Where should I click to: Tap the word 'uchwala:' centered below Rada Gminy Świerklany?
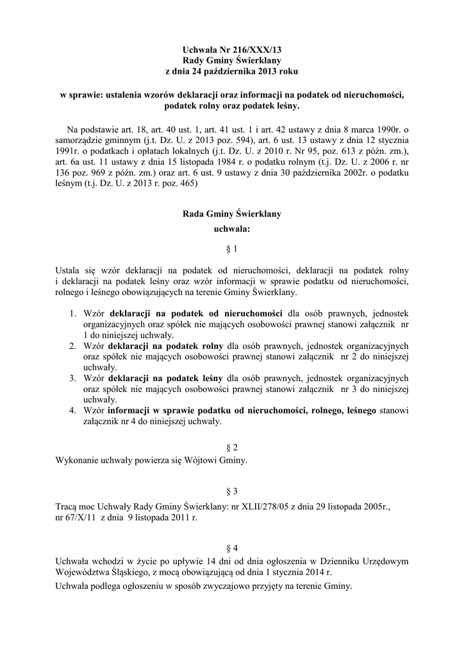[x=231, y=228]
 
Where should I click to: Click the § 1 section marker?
[x=232, y=248]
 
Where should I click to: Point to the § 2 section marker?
[x=232, y=447]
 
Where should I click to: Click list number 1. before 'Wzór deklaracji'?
[x=72, y=314]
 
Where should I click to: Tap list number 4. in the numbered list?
[x=72, y=409]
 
